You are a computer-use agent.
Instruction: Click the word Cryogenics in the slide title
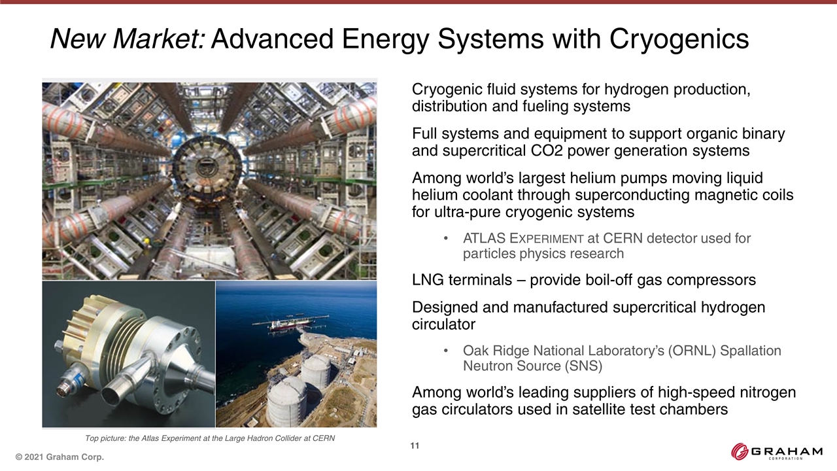[679, 39]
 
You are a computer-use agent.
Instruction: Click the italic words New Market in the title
[128, 39]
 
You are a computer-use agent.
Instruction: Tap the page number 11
[415, 445]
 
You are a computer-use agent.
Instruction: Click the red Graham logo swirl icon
[740, 451]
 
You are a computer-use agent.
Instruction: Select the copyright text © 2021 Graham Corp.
[60, 457]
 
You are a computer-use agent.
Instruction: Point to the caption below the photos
[210, 438]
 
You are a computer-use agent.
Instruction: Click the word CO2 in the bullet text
[546, 150]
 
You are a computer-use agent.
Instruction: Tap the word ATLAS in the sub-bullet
[485, 238]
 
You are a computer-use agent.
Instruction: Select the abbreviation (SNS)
[583, 366]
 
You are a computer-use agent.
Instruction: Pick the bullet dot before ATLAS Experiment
[445, 239]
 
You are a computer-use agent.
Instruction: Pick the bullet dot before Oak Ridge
[445, 351]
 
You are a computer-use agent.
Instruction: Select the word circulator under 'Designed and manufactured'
[443, 324]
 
